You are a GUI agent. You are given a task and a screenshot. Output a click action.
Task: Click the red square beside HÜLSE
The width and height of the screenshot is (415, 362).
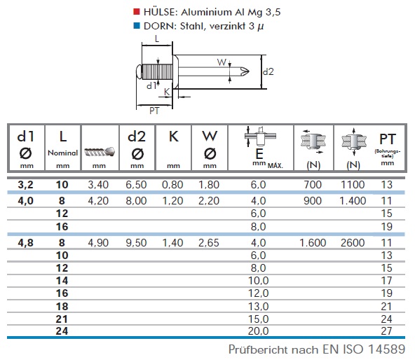pyautogui.click(x=137, y=12)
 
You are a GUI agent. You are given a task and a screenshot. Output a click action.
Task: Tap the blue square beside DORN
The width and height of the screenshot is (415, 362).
pyautogui.click(x=137, y=26)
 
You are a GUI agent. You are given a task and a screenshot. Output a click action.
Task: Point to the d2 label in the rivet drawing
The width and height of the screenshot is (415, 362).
pyautogui.click(x=268, y=71)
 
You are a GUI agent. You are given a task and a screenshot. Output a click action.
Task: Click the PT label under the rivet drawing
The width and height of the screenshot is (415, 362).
pyautogui.click(x=154, y=111)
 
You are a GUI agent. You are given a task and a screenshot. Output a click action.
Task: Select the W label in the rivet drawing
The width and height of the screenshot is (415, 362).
pyautogui.click(x=222, y=62)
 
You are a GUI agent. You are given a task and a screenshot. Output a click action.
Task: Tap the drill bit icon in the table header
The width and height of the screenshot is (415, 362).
pyautogui.click(x=100, y=151)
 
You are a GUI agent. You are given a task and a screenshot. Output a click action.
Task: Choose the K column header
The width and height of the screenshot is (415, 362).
pyautogui.click(x=173, y=137)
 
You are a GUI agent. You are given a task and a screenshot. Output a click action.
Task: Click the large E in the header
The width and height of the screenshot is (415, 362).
pyautogui.click(x=259, y=153)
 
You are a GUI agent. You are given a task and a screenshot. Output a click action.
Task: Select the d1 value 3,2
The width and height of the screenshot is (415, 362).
pyautogui.click(x=26, y=185)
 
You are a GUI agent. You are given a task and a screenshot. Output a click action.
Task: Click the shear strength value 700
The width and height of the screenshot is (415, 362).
pyautogui.click(x=313, y=185)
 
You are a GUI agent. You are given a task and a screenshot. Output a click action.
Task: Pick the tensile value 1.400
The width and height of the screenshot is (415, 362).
pyautogui.click(x=353, y=201)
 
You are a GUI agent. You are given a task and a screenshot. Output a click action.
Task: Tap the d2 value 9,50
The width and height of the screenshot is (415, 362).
pyautogui.click(x=136, y=243)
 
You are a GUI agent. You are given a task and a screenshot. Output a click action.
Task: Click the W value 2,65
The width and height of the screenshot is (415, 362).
pyautogui.click(x=209, y=243)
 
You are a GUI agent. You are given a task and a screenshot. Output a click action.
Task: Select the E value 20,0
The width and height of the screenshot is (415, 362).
pyautogui.click(x=258, y=330)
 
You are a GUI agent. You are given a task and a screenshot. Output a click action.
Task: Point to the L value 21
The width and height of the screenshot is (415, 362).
pyautogui.click(x=62, y=319)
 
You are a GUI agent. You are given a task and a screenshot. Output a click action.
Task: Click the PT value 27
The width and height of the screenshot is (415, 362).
pyautogui.click(x=386, y=330)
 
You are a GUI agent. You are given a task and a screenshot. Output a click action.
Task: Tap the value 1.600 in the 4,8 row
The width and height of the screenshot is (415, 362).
pyautogui.click(x=313, y=243)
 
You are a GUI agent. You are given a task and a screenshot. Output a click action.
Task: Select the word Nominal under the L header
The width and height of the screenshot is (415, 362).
pyautogui.click(x=62, y=153)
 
